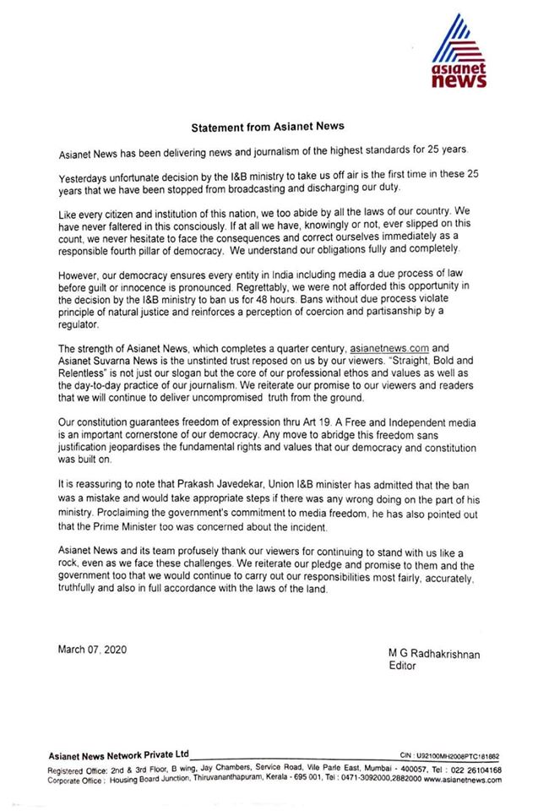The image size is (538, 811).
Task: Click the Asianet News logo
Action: tap(458, 52)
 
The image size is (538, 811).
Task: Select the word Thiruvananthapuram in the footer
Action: tap(247, 781)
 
